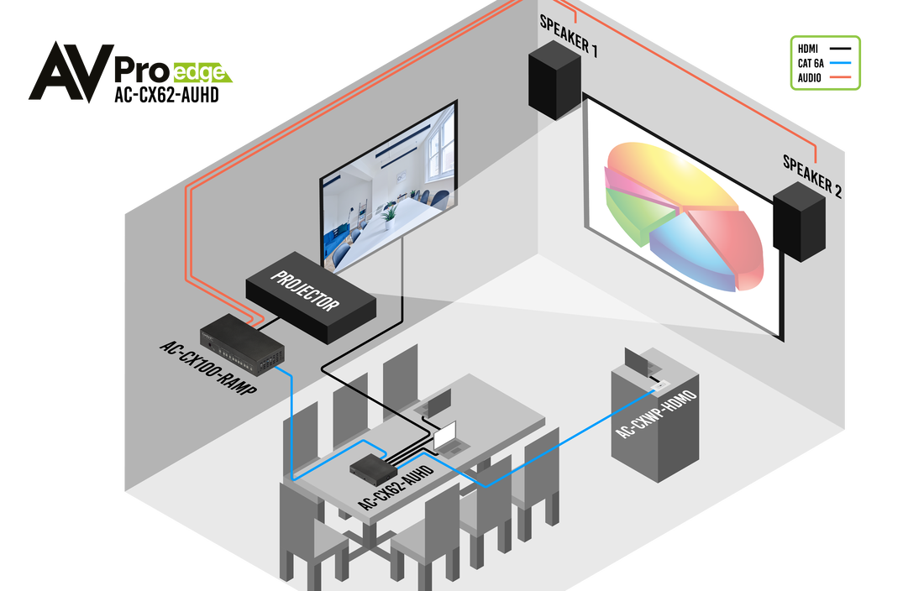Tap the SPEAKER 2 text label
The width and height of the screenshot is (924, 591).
point(811,175)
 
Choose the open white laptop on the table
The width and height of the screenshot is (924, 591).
point(444,436)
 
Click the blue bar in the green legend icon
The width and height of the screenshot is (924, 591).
point(840,62)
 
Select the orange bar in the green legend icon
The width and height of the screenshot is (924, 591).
point(840,77)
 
